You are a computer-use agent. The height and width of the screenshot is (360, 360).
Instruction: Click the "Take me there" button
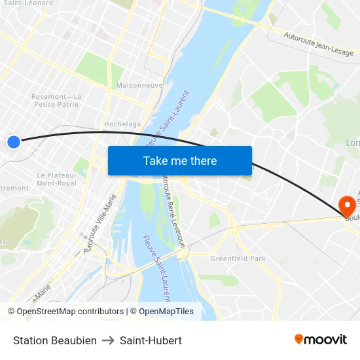click(180, 160)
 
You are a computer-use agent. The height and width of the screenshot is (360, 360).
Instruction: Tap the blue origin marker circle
click(14, 141)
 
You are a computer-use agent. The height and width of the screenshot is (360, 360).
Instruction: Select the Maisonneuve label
click(139, 85)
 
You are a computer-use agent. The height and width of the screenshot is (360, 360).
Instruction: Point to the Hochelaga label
click(122, 124)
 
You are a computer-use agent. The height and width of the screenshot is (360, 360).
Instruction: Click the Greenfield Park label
click(238, 259)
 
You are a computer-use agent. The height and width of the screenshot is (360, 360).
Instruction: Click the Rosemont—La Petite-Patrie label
click(56, 100)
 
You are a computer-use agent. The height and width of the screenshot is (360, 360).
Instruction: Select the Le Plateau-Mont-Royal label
click(57, 179)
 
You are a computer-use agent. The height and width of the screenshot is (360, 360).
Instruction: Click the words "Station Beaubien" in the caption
click(55, 340)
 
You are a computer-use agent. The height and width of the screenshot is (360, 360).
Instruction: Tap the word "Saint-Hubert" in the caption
click(151, 340)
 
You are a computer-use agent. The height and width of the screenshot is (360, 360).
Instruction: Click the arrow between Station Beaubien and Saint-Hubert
click(108, 340)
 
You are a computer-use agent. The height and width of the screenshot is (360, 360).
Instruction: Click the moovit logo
click(321, 340)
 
